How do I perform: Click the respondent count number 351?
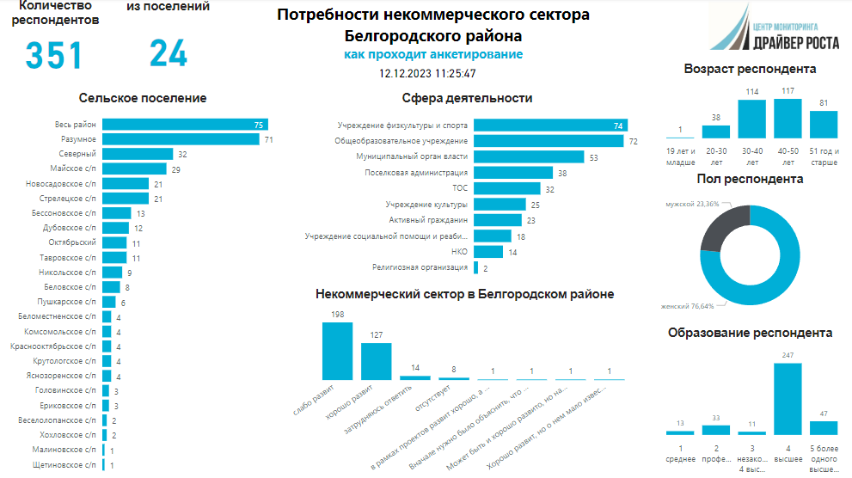pos(53,55)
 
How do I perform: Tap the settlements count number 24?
pos(169,53)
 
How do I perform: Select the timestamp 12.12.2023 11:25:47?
pos(432,74)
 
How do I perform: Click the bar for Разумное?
pos(181,139)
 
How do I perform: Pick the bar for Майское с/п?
pos(133,169)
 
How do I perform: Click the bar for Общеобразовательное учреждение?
pos(550,140)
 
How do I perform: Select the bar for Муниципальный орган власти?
pos(529,157)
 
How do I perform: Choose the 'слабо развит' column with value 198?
pos(336,351)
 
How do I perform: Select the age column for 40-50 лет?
pos(788,119)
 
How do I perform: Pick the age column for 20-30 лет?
pos(716,132)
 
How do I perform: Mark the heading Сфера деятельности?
pos(466,98)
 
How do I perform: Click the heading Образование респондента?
pos(750,333)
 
